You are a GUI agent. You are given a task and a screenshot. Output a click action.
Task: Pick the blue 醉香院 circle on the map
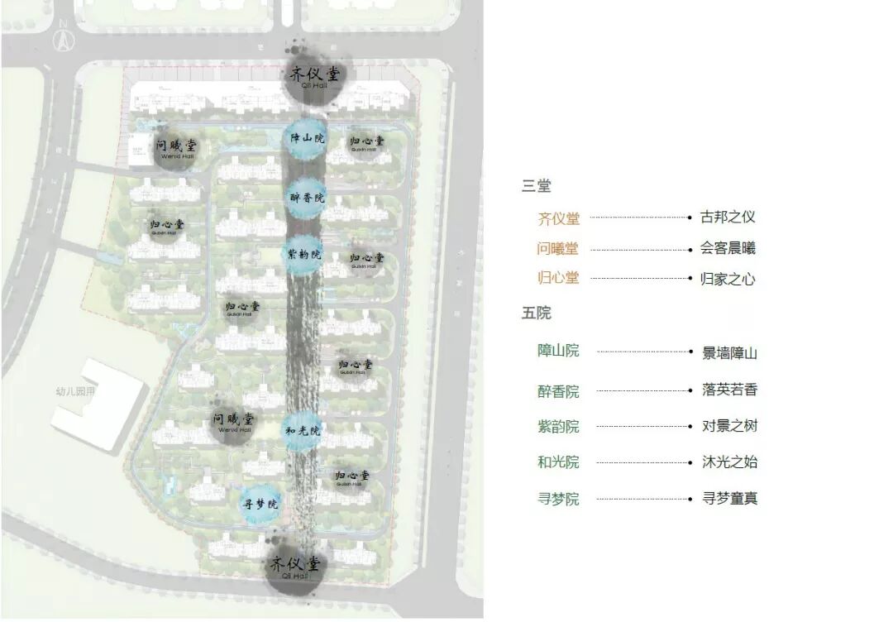[x=307, y=198]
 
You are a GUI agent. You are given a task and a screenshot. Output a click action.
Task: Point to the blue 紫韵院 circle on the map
[x=304, y=253]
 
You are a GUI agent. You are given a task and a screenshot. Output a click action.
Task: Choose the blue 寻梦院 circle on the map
[x=260, y=503]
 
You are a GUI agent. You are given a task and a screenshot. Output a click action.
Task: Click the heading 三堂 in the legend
[x=536, y=186]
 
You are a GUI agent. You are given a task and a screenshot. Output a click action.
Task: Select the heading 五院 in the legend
[x=536, y=313]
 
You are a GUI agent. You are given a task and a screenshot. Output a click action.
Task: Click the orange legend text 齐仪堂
[x=559, y=218]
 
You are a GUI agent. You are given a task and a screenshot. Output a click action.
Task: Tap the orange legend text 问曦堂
[x=558, y=248]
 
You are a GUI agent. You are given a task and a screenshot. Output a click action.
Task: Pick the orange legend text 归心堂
[x=558, y=278]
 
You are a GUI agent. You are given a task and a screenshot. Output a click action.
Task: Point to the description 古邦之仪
[x=728, y=218]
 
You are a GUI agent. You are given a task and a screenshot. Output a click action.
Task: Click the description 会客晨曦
[x=728, y=248]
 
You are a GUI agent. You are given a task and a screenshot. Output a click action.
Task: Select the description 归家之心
[x=728, y=279]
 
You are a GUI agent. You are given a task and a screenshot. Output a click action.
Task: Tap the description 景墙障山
[x=729, y=353]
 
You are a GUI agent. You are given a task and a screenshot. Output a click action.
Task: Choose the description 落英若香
[x=729, y=390]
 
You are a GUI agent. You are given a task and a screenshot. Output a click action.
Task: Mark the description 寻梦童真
[x=729, y=499]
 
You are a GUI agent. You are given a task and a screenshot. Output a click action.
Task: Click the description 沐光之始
[x=729, y=462]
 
